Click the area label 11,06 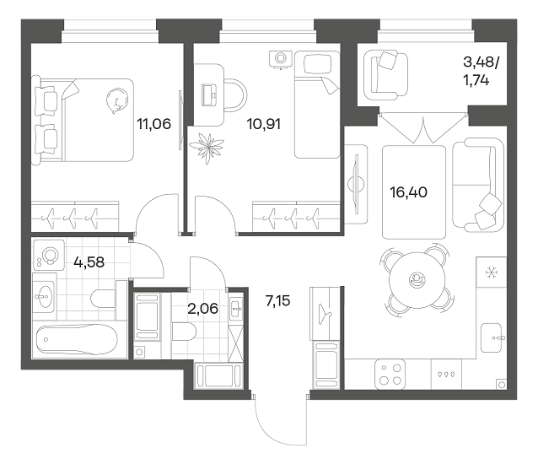click(153, 123)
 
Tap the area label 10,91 click(263, 123)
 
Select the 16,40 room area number click(408, 192)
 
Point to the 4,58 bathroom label click(89, 262)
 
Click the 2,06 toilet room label click(202, 309)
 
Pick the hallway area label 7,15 click(277, 301)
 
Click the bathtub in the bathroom click(77, 339)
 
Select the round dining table click(417, 278)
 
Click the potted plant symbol click(207, 147)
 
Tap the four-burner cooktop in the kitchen click(390, 374)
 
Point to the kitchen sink click(491, 338)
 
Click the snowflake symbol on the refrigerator click(491, 272)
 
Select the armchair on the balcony click(385, 75)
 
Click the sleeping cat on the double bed click(116, 100)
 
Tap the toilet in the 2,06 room click(184, 332)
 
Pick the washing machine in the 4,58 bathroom click(49, 255)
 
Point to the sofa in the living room click(478, 184)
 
